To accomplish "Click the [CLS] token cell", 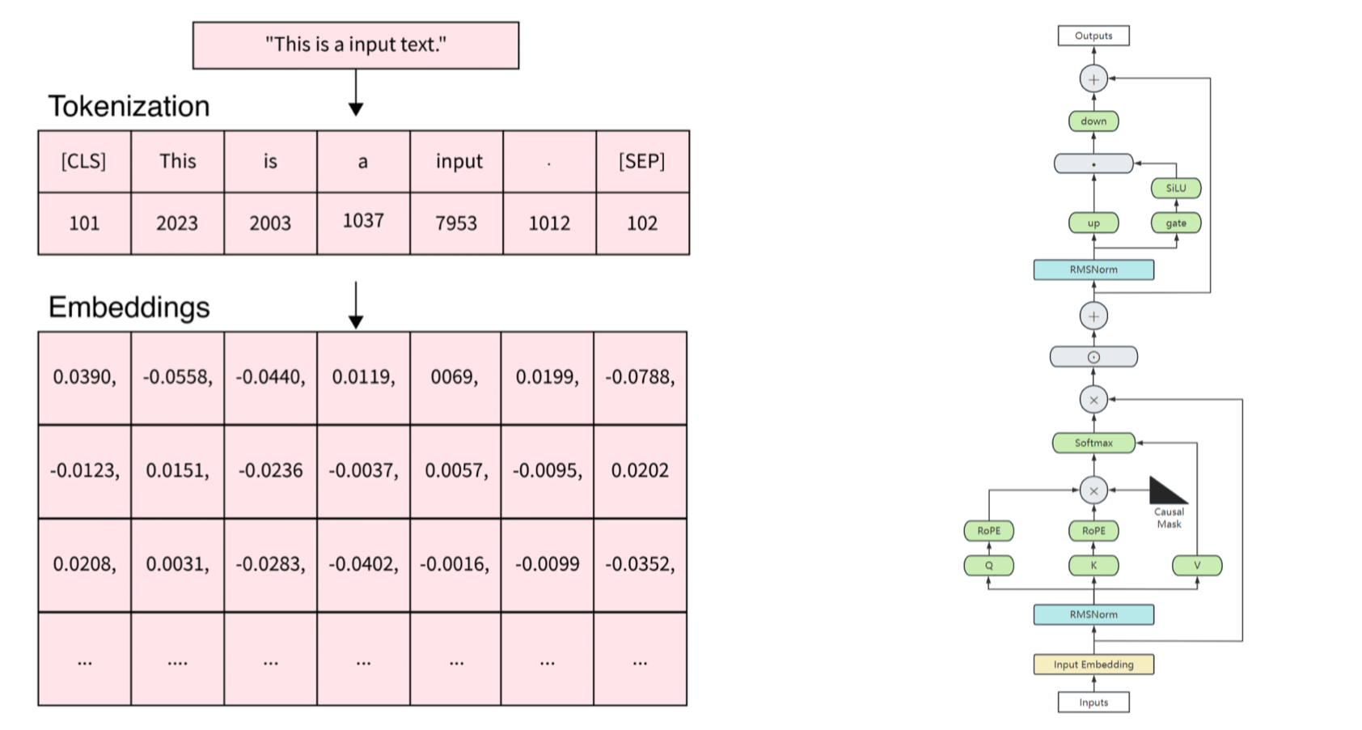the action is pyautogui.click(x=84, y=161).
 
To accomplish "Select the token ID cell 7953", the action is pyautogui.click(x=457, y=223).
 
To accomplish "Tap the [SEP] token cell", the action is pyautogui.click(x=643, y=161).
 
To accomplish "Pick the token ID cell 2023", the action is pyautogui.click(x=178, y=223).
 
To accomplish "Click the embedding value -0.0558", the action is pyautogui.click(x=178, y=378).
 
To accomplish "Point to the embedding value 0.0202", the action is pyautogui.click(x=641, y=471).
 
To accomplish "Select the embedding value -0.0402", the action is pyautogui.click(x=364, y=565).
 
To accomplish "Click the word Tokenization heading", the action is pyautogui.click(x=129, y=107).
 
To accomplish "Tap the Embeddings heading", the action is pyautogui.click(x=129, y=308).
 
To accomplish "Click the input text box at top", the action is pyautogui.click(x=356, y=45).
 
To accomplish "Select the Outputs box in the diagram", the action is pyautogui.click(x=1093, y=36).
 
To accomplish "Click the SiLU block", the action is pyautogui.click(x=1176, y=188).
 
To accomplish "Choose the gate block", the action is pyautogui.click(x=1176, y=223).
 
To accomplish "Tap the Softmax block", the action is pyautogui.click(x=1093, y=443).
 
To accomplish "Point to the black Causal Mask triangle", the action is pyautogui.click(x=1165, y=490).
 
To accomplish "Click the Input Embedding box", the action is pyautogui.click(x=1093, y=664).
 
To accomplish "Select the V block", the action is pyautogui.click(x=1197, y=565).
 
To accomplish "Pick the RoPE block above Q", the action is pyautogui.click(x=988, y=530).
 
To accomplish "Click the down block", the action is pyautogui.click(x=1093, y=121).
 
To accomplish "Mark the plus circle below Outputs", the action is pyautogui.click(x=1093, y=79).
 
